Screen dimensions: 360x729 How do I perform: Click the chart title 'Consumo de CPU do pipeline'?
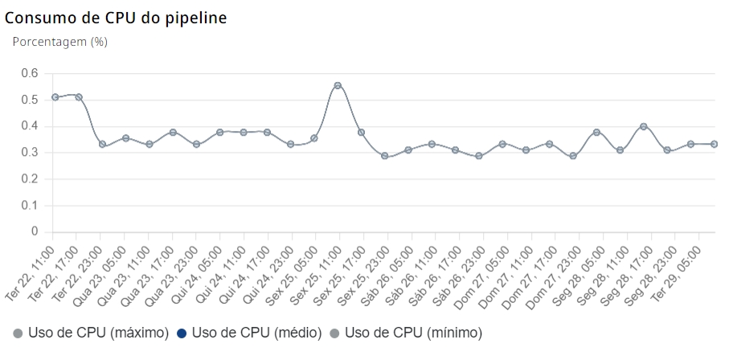116,18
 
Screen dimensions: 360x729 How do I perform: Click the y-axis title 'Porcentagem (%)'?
60,42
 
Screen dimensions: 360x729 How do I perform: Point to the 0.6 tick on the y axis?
30,73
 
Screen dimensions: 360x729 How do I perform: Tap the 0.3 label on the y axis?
30,153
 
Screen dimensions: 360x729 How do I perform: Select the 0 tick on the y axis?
35,231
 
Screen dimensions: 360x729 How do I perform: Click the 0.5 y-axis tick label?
30,100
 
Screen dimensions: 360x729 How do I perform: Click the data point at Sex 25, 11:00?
338,85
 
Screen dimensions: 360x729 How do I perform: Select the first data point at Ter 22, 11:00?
55,97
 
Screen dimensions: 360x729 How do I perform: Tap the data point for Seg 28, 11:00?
644,126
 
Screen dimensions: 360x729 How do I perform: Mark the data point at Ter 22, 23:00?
102,144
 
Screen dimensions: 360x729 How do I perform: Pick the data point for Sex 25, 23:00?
385,156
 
